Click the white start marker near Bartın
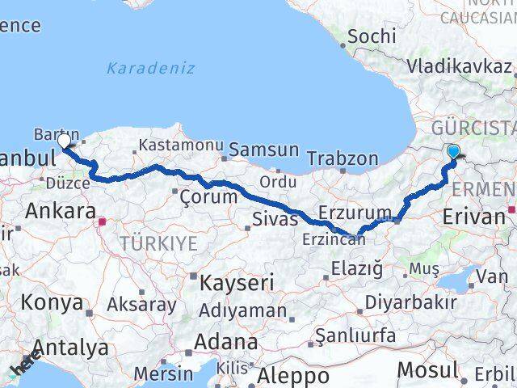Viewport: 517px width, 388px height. [x=64, y=141]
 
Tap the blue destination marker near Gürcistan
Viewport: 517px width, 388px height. [x=453, y=151]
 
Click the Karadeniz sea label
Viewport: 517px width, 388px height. [x=150, y=68]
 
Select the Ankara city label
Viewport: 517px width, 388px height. [x=61, y=211]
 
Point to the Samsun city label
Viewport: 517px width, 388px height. [x=263, y=150]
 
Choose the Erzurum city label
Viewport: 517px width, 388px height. [x=355, y=213]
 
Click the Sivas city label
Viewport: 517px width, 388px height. [x=270, y=218]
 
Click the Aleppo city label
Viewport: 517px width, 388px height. [x=293, y=376]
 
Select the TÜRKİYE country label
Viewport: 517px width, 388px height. [x=158, y=242]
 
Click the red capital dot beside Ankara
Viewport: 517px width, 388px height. [x=102, y=219]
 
